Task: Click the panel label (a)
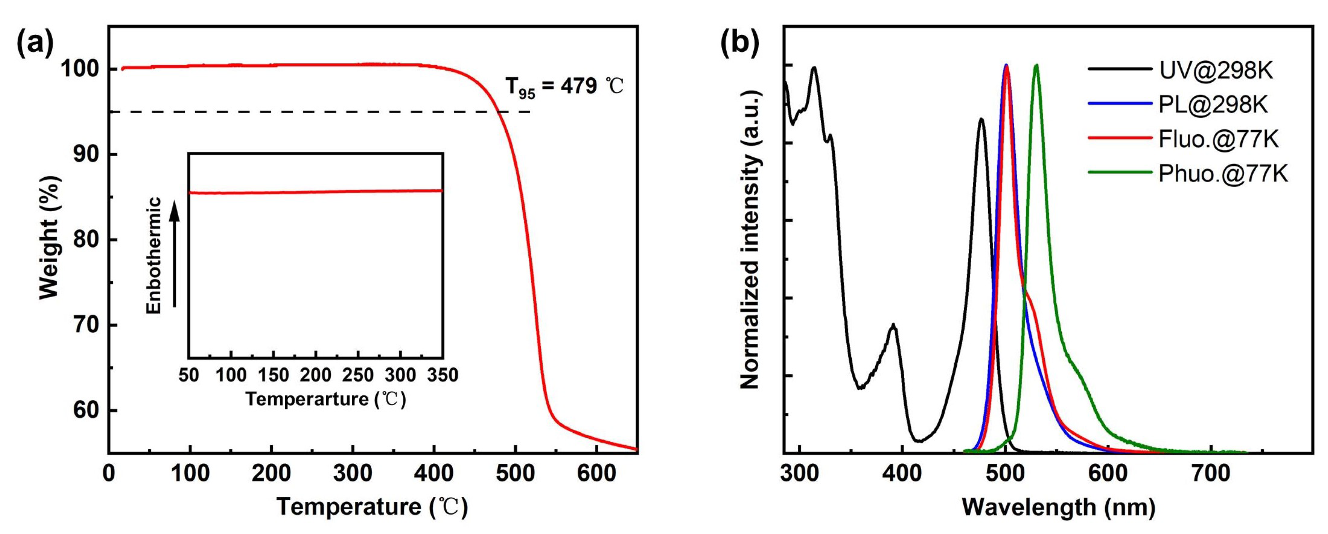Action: click(36, 43)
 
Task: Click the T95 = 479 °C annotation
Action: click(564, 87)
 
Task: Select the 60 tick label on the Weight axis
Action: click(86, 411)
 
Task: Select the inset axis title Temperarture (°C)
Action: click(326, 399)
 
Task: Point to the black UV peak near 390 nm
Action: click(893, 326)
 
